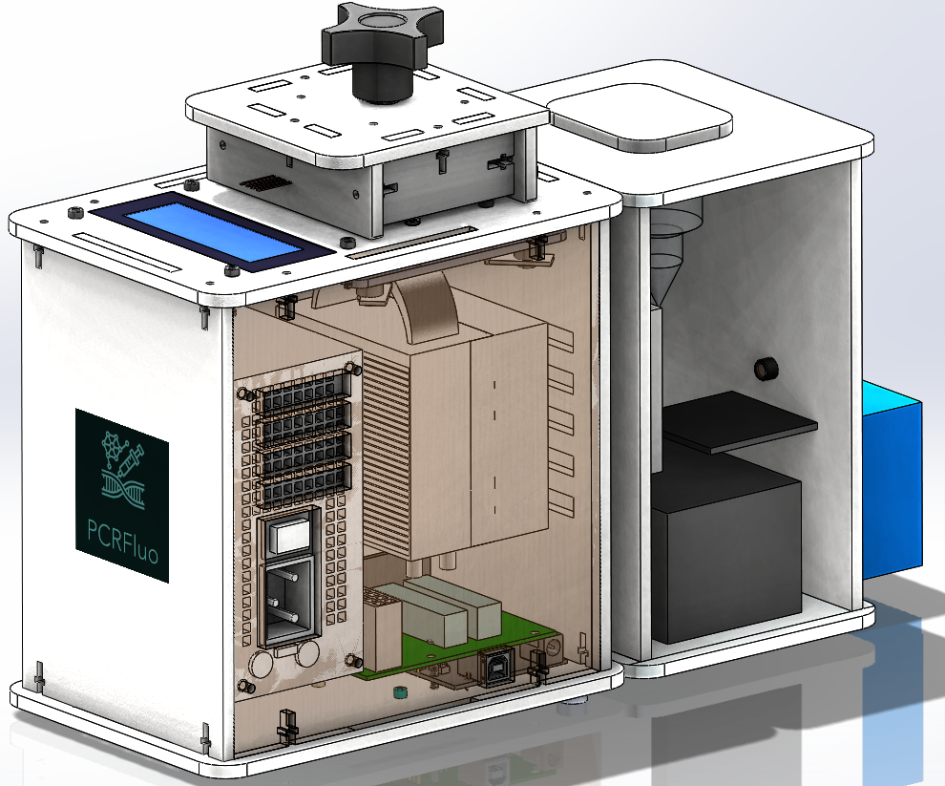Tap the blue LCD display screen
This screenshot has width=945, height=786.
pos(211,230)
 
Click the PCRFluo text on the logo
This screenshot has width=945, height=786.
pos(123,540)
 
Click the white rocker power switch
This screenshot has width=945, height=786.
pos(290,535)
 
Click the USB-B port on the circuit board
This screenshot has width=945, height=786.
pos(496,667)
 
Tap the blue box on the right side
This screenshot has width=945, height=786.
pos(892,479)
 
